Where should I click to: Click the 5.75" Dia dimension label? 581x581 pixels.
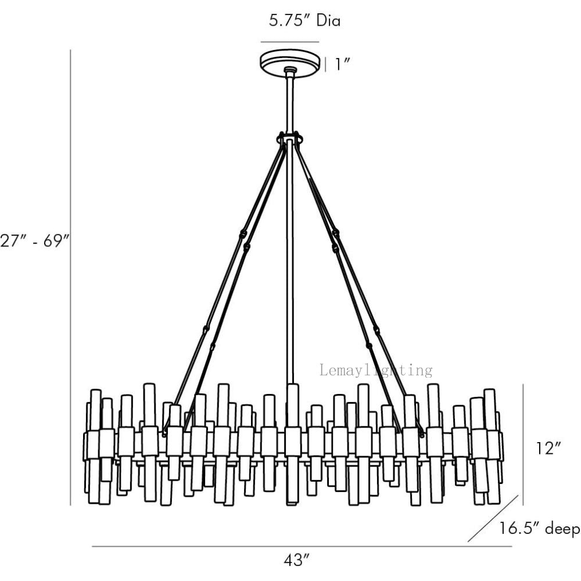[304, 21]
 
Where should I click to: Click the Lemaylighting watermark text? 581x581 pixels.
[376, 370]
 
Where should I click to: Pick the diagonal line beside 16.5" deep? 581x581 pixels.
[493, 519]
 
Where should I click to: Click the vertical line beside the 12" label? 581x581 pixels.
[523, 444]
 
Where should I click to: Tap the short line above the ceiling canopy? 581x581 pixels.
[289, 42]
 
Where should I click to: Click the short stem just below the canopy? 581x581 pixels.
[289, 102]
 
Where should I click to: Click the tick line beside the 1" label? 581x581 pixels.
[325, 64]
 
